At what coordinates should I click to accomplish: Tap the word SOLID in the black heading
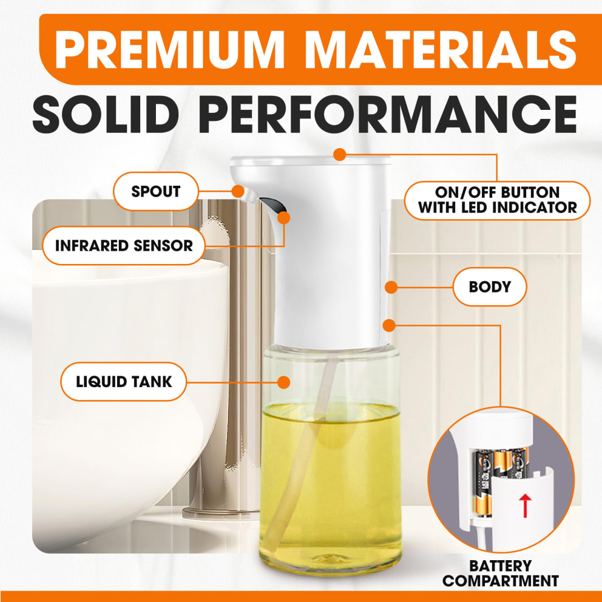105,114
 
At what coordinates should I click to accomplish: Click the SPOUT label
156,191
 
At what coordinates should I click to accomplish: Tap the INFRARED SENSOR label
124,246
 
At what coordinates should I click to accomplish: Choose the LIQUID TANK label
124,382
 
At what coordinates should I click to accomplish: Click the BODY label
490,287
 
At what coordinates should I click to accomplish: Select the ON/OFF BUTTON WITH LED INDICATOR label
497,200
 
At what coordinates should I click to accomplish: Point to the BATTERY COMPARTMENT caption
500,573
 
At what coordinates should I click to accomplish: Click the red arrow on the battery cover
525,506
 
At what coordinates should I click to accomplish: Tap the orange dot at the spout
238,191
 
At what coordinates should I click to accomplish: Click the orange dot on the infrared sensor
284,218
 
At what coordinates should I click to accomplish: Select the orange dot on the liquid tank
284,382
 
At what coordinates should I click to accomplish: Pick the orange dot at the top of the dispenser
339,155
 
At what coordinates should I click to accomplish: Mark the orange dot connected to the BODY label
391,287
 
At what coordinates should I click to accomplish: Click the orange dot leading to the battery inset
389,325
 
